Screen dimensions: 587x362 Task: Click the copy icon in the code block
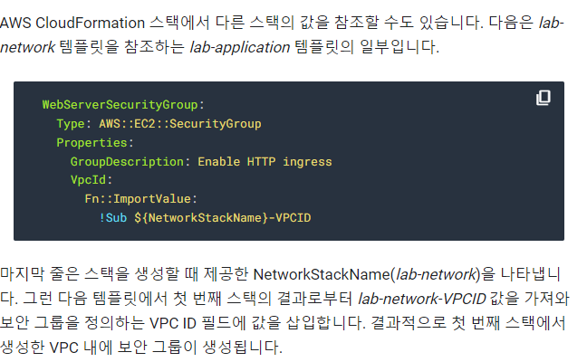coord(543,98)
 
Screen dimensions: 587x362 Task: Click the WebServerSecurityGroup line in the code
coord(123,104)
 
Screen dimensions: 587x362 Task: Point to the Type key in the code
coord(72,123)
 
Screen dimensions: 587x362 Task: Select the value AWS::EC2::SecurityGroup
coord(179,123)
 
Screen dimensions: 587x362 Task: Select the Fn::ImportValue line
coord(140,199)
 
